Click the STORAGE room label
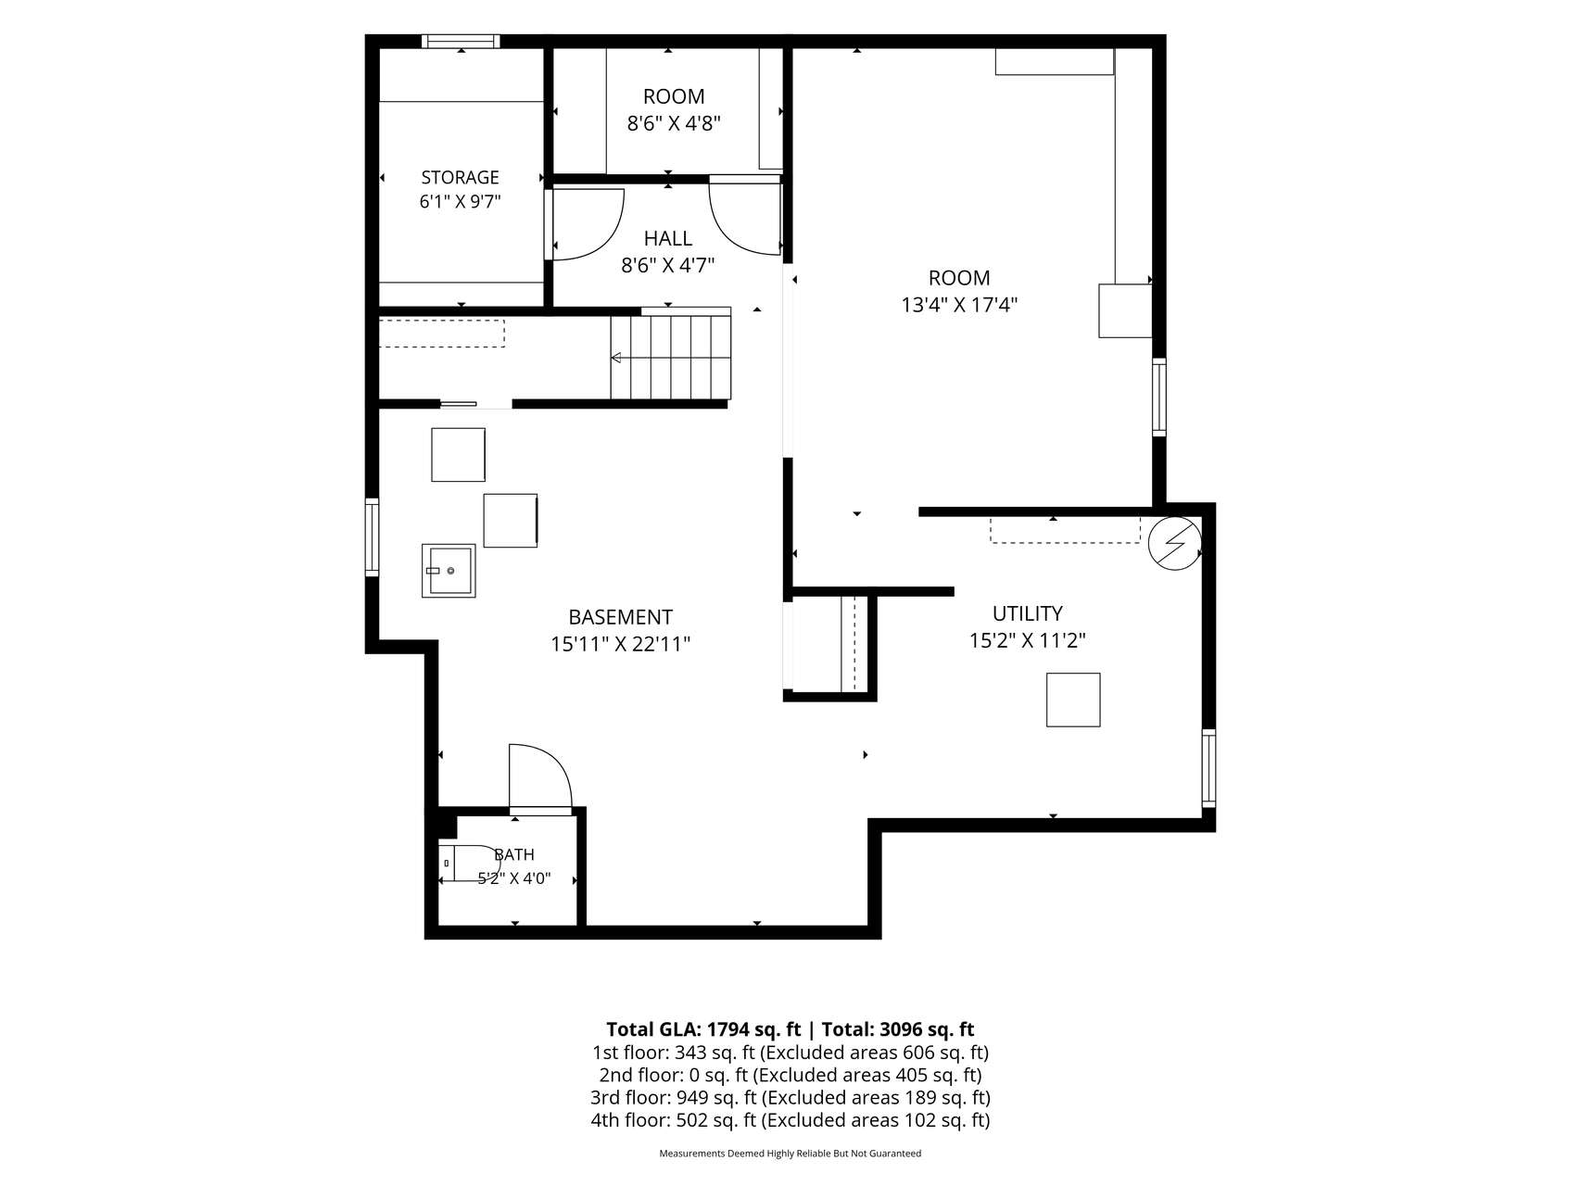point(460,177)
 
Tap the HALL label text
point(668,238)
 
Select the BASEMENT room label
point(620,617)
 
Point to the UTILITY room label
point(1027,613)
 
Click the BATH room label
point(514,854)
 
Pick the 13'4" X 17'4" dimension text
point(959,305)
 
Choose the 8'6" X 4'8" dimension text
point(674,123)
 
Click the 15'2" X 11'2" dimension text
point(1027,640)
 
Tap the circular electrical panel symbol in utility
point(1174,542)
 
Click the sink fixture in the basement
point(449,571)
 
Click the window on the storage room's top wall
point(461,41)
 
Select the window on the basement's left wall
point(373,536)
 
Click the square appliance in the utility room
point(1073,700)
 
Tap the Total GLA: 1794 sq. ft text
point(703,1029)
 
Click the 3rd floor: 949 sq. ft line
point(790,1098)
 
